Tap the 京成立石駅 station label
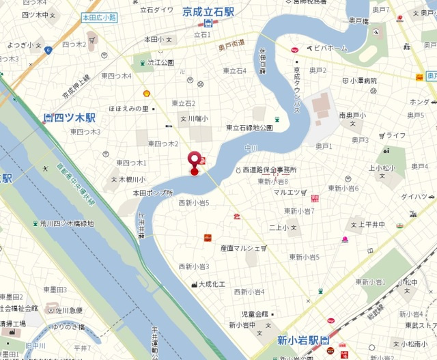coord(210,12)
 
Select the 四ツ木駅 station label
coord(73,117)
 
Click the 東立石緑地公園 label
coord(249,128)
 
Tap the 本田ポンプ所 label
coord(153,193)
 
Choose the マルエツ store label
coord(287,192)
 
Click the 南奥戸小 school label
coord(354,115)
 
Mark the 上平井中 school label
coord(373,223)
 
